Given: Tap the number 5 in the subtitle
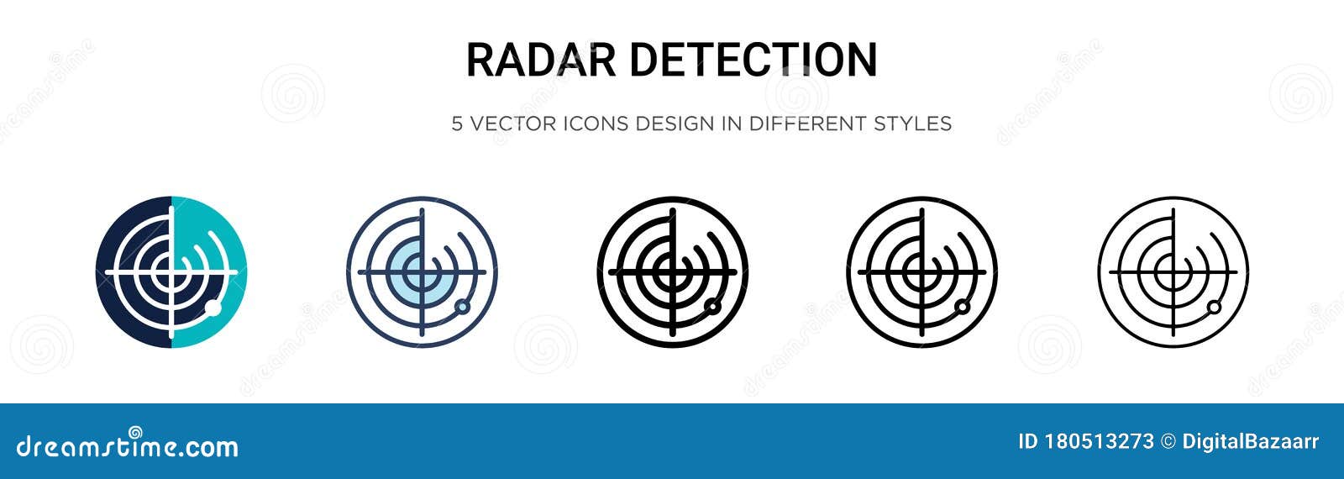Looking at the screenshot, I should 457,124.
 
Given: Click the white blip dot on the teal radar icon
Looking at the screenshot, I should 213,308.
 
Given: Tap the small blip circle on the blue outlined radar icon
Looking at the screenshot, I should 461,307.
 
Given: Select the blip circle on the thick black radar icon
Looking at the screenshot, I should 712,306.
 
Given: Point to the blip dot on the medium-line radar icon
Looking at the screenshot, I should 963,307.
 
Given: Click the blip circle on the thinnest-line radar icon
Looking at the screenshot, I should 1213,308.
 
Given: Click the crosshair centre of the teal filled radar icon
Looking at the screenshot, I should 171,272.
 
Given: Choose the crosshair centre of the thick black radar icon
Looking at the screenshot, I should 672,271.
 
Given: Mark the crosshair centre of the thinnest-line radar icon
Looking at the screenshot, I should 1173,271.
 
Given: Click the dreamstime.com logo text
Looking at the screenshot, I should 128,445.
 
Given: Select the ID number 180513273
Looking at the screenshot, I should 1098,442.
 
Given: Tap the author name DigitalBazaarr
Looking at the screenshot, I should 1251,442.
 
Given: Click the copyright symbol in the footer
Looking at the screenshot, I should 1168,442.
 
